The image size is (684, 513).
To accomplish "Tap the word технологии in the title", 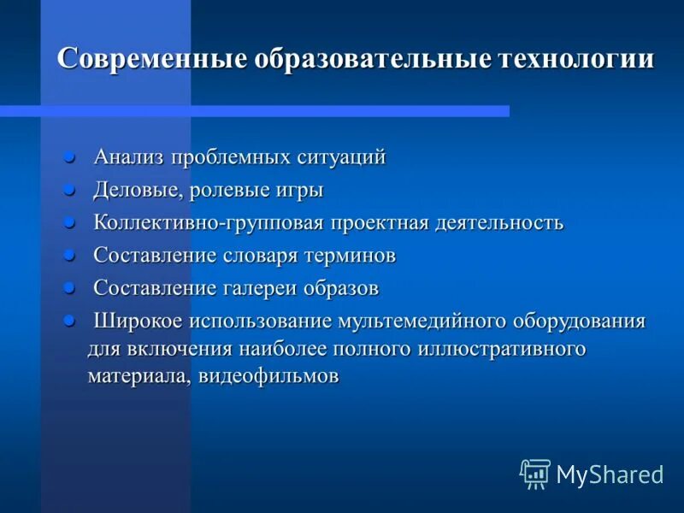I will click(575, 59).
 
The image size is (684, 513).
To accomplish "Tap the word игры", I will click(298, 190).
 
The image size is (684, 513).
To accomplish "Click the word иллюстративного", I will click(510, 349).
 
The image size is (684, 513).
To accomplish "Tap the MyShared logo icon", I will click(535, 474).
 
